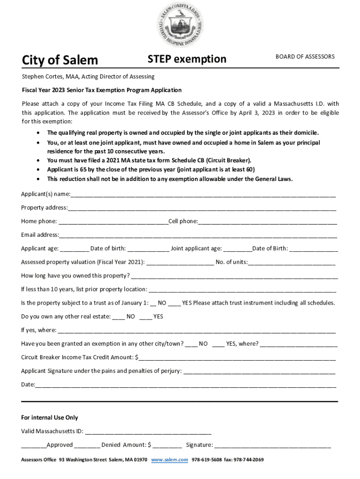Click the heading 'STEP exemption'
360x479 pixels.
(x=187, y=59)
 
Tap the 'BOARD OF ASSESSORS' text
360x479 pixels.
(x=305, y=57)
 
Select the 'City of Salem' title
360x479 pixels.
(x=60, y=60)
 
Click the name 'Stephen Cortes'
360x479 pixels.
(x=43, y=76)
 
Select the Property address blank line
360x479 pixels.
(x=202, y=208)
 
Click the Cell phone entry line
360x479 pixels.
(x=267, y=222)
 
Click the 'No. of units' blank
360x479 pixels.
(x=292, y=262)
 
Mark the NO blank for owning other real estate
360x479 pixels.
(x=118, y=317)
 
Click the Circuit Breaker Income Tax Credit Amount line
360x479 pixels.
(x=237, y=358)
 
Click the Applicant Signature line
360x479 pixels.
(x=259, y=372)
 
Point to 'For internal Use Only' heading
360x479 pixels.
(x=50, y=418)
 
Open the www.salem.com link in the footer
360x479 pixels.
(x=170, y=460)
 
